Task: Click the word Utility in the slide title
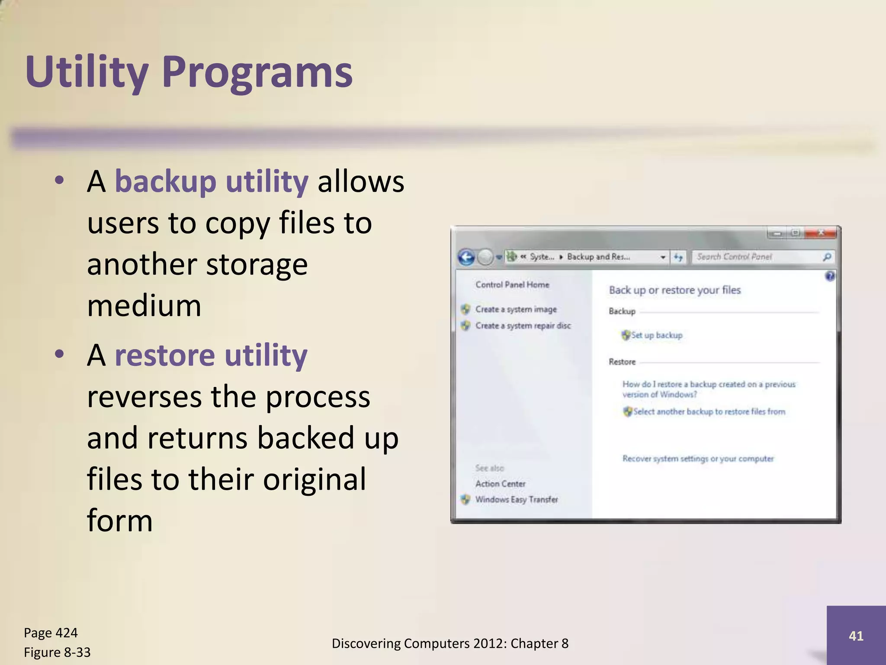pyautogui.click(x=87, y=72)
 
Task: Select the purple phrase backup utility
pyautogui.click(x=212, y=181)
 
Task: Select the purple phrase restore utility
pyautogui.click(x=211, y=355)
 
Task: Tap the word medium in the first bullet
pyautogui.click(x=144, y=306)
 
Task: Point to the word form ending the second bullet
pyautogui.click(x=120, y=520)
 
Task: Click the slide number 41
pyautogui.click(x=856, y=636)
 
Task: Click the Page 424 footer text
pyautogui.click(x=51, y=633)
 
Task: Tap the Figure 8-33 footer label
pyautogui.click(x=57, y=652)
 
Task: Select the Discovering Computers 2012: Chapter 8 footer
pyautogui.click(x=450, y=644)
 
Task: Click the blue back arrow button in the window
pyautogui.click(x=466, y=257)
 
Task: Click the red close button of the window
pyautogui.click(x=821, y=233)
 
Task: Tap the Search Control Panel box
pyautogui.click(x=757, y=257)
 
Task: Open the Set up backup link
pyautogui.click(x=656, y=335)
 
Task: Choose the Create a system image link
pyautogui.click(x=516, y=309)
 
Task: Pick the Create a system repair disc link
pyautogui.click(x=523, y=326)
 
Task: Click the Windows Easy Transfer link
pyautogui.click(x=516, y=500)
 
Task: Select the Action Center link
pyautogui.click(x=500, y=484)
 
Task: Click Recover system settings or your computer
pyautogui.click(x=698, y=458)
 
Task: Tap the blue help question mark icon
pyautogui.click(x=830, y=276)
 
